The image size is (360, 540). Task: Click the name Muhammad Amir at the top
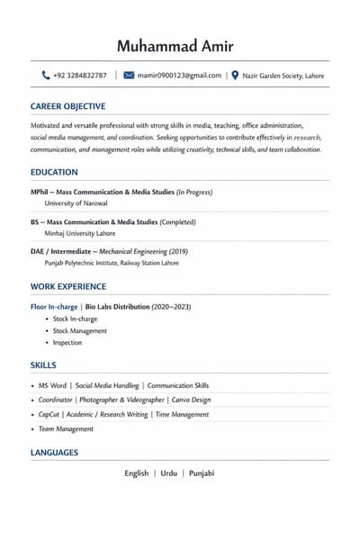tap(180, 47)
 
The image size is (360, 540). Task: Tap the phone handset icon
tap(46, 76)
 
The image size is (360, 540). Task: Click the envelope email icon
tap(129, 76)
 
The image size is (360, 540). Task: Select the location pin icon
tap(235, 76)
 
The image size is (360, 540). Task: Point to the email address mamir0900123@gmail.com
tap(179, 76)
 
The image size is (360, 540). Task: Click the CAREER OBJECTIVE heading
tap(67, 106)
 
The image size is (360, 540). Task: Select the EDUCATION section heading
tap(54, 172)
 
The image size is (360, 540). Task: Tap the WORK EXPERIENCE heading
tap(68, 286)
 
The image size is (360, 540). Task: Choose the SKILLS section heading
tap(43, 365)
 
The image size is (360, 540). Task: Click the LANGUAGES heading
tap(54, 453)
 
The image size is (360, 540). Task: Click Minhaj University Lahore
tap(80, 233)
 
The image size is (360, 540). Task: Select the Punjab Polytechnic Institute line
tap(112, 263)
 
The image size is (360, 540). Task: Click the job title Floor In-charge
tap(54, 307)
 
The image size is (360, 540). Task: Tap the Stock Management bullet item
tap(80, 330)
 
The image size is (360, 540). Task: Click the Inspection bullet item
tap(67, 342)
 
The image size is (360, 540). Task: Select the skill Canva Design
tap(190, 400)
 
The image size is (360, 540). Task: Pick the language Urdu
tap(169, 473)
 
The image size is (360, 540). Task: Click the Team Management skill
tap(66, 429)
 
